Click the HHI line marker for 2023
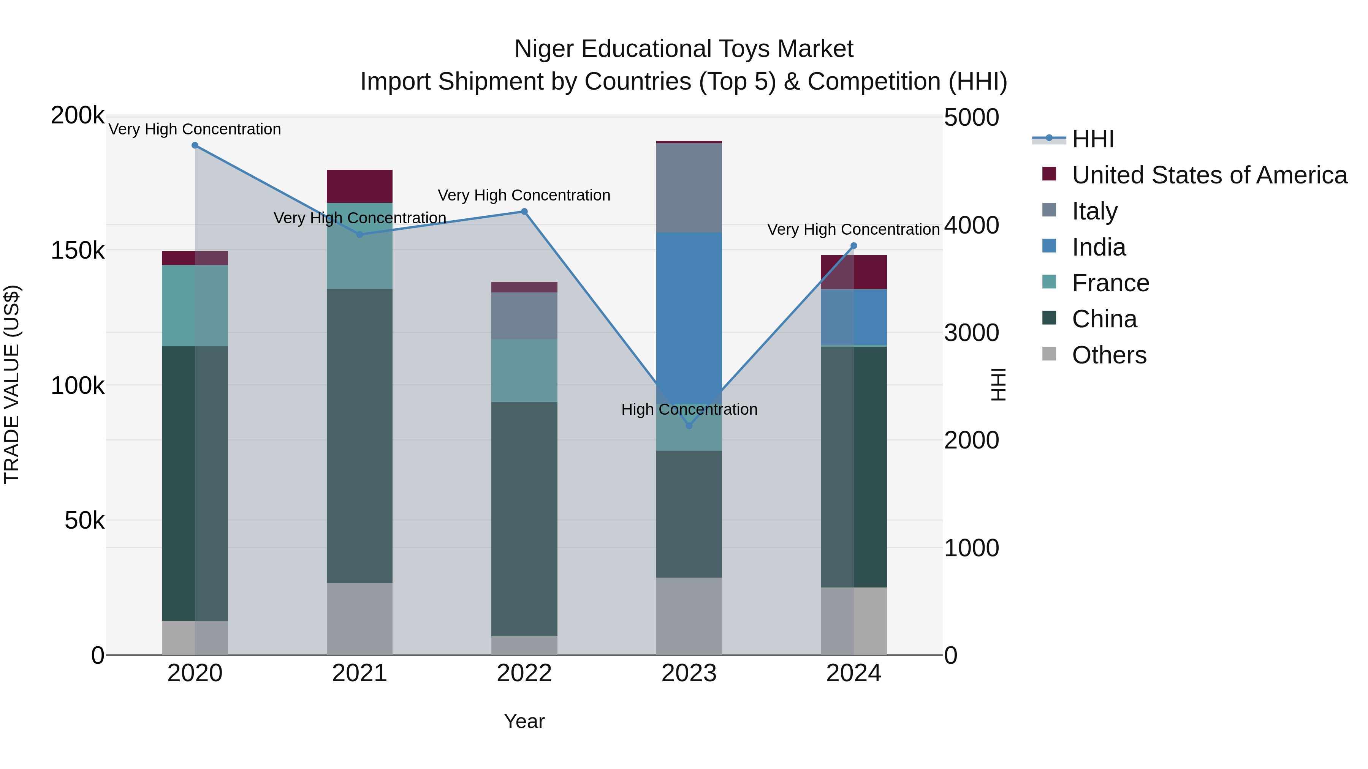tap(689, 426)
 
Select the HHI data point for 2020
tap(195, 145)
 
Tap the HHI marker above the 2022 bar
tap(524, 212)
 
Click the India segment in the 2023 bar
tap(689, 313)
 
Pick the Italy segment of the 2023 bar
tap(689, 188)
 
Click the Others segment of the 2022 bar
tap(524, 645)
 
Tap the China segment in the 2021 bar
tap(359, 435)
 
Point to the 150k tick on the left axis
tap(78, 251)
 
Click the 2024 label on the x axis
tap(853, 673)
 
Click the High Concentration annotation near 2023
tap(689, 409)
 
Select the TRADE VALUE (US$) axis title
tap(12, 384)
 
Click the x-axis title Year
tap(524, 721)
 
